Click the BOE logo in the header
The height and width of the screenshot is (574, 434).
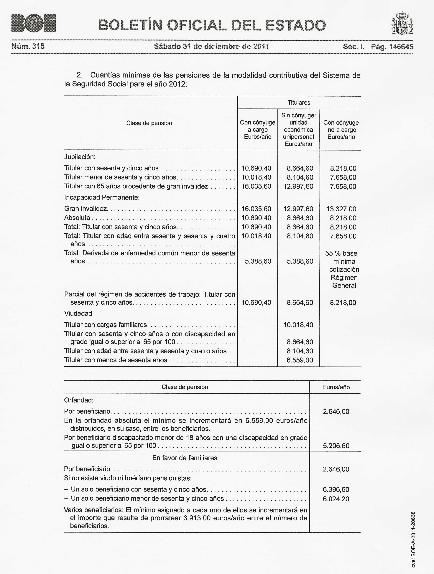tap(34, 23)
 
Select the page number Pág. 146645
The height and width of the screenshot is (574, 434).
tap(392, 47)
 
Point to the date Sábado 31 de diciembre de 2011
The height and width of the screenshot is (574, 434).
tap(211, 47)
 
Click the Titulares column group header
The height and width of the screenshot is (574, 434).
tap(299, 103)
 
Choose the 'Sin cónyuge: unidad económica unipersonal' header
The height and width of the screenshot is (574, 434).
tap(298, 129)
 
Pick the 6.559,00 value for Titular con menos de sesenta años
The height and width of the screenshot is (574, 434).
tap(300, 360)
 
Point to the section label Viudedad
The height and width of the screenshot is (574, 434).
tap(78, 314)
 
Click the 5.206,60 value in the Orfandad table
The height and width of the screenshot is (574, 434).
tap(336, 446)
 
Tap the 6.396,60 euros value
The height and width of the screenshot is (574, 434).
tap(336, 489)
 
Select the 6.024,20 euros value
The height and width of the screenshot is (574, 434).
tap(336, 499)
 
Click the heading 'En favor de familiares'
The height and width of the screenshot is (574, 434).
tap(185, 458)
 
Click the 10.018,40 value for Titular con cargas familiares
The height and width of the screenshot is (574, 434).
tap(298, 325)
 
